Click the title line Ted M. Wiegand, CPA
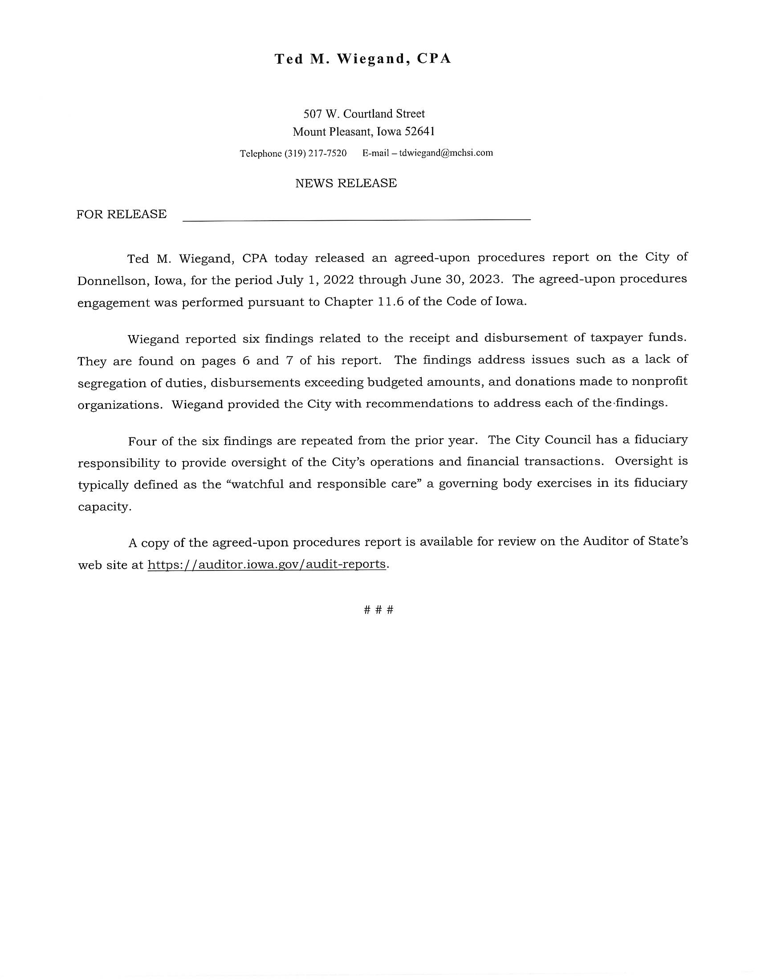point(363,59)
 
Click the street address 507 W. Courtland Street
point(364,114)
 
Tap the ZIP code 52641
point(419,132)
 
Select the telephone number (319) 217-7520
point(315,154)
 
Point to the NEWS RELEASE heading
point(346,183)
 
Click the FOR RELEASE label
point(122,214)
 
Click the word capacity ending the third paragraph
point(105,507)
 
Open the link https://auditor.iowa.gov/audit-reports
point(266,564)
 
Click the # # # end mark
point(378,610)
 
